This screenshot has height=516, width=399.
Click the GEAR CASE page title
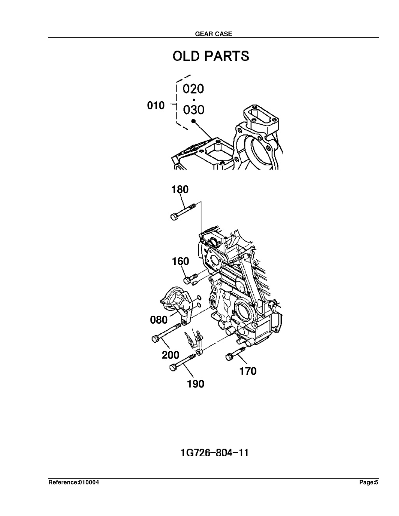[214, 34]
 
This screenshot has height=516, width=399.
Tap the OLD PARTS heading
[211, 56]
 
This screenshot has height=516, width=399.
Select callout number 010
[156, 106]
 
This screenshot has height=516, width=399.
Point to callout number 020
[193, 89]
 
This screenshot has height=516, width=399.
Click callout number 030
[194, 110]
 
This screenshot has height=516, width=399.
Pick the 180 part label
[180, 190]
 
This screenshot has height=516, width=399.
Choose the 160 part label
[180, 261]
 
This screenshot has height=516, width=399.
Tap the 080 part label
[159, 320]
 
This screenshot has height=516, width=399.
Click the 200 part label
[171, 355]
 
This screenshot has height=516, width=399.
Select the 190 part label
[196, 384]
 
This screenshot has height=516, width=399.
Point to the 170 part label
[248, 371]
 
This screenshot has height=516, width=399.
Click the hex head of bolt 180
[174, 217]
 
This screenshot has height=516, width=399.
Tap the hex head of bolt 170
[229, 357]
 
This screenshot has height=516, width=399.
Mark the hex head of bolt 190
[173, 368]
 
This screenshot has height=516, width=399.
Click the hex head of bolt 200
[155, 339]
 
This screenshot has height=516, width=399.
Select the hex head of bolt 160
[187, 280]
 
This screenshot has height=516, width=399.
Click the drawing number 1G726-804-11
[215, 453]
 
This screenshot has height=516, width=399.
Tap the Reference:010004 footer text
[74, 482]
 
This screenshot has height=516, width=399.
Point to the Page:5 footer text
[369, 482]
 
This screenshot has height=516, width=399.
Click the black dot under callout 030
[193, 121]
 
